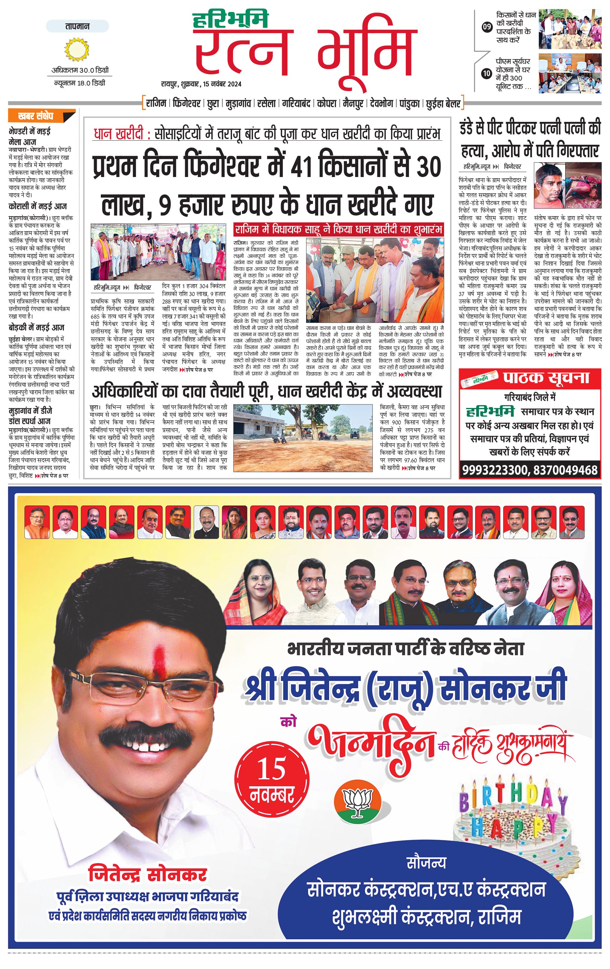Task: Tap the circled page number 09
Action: (487, 27)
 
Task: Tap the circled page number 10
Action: (487, 73)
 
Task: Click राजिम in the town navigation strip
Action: (156, 103)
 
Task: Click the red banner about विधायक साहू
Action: (339, 229)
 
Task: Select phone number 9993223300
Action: (495, 470)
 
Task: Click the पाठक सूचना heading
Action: (546, 378)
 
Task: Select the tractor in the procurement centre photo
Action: (355, 433)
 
